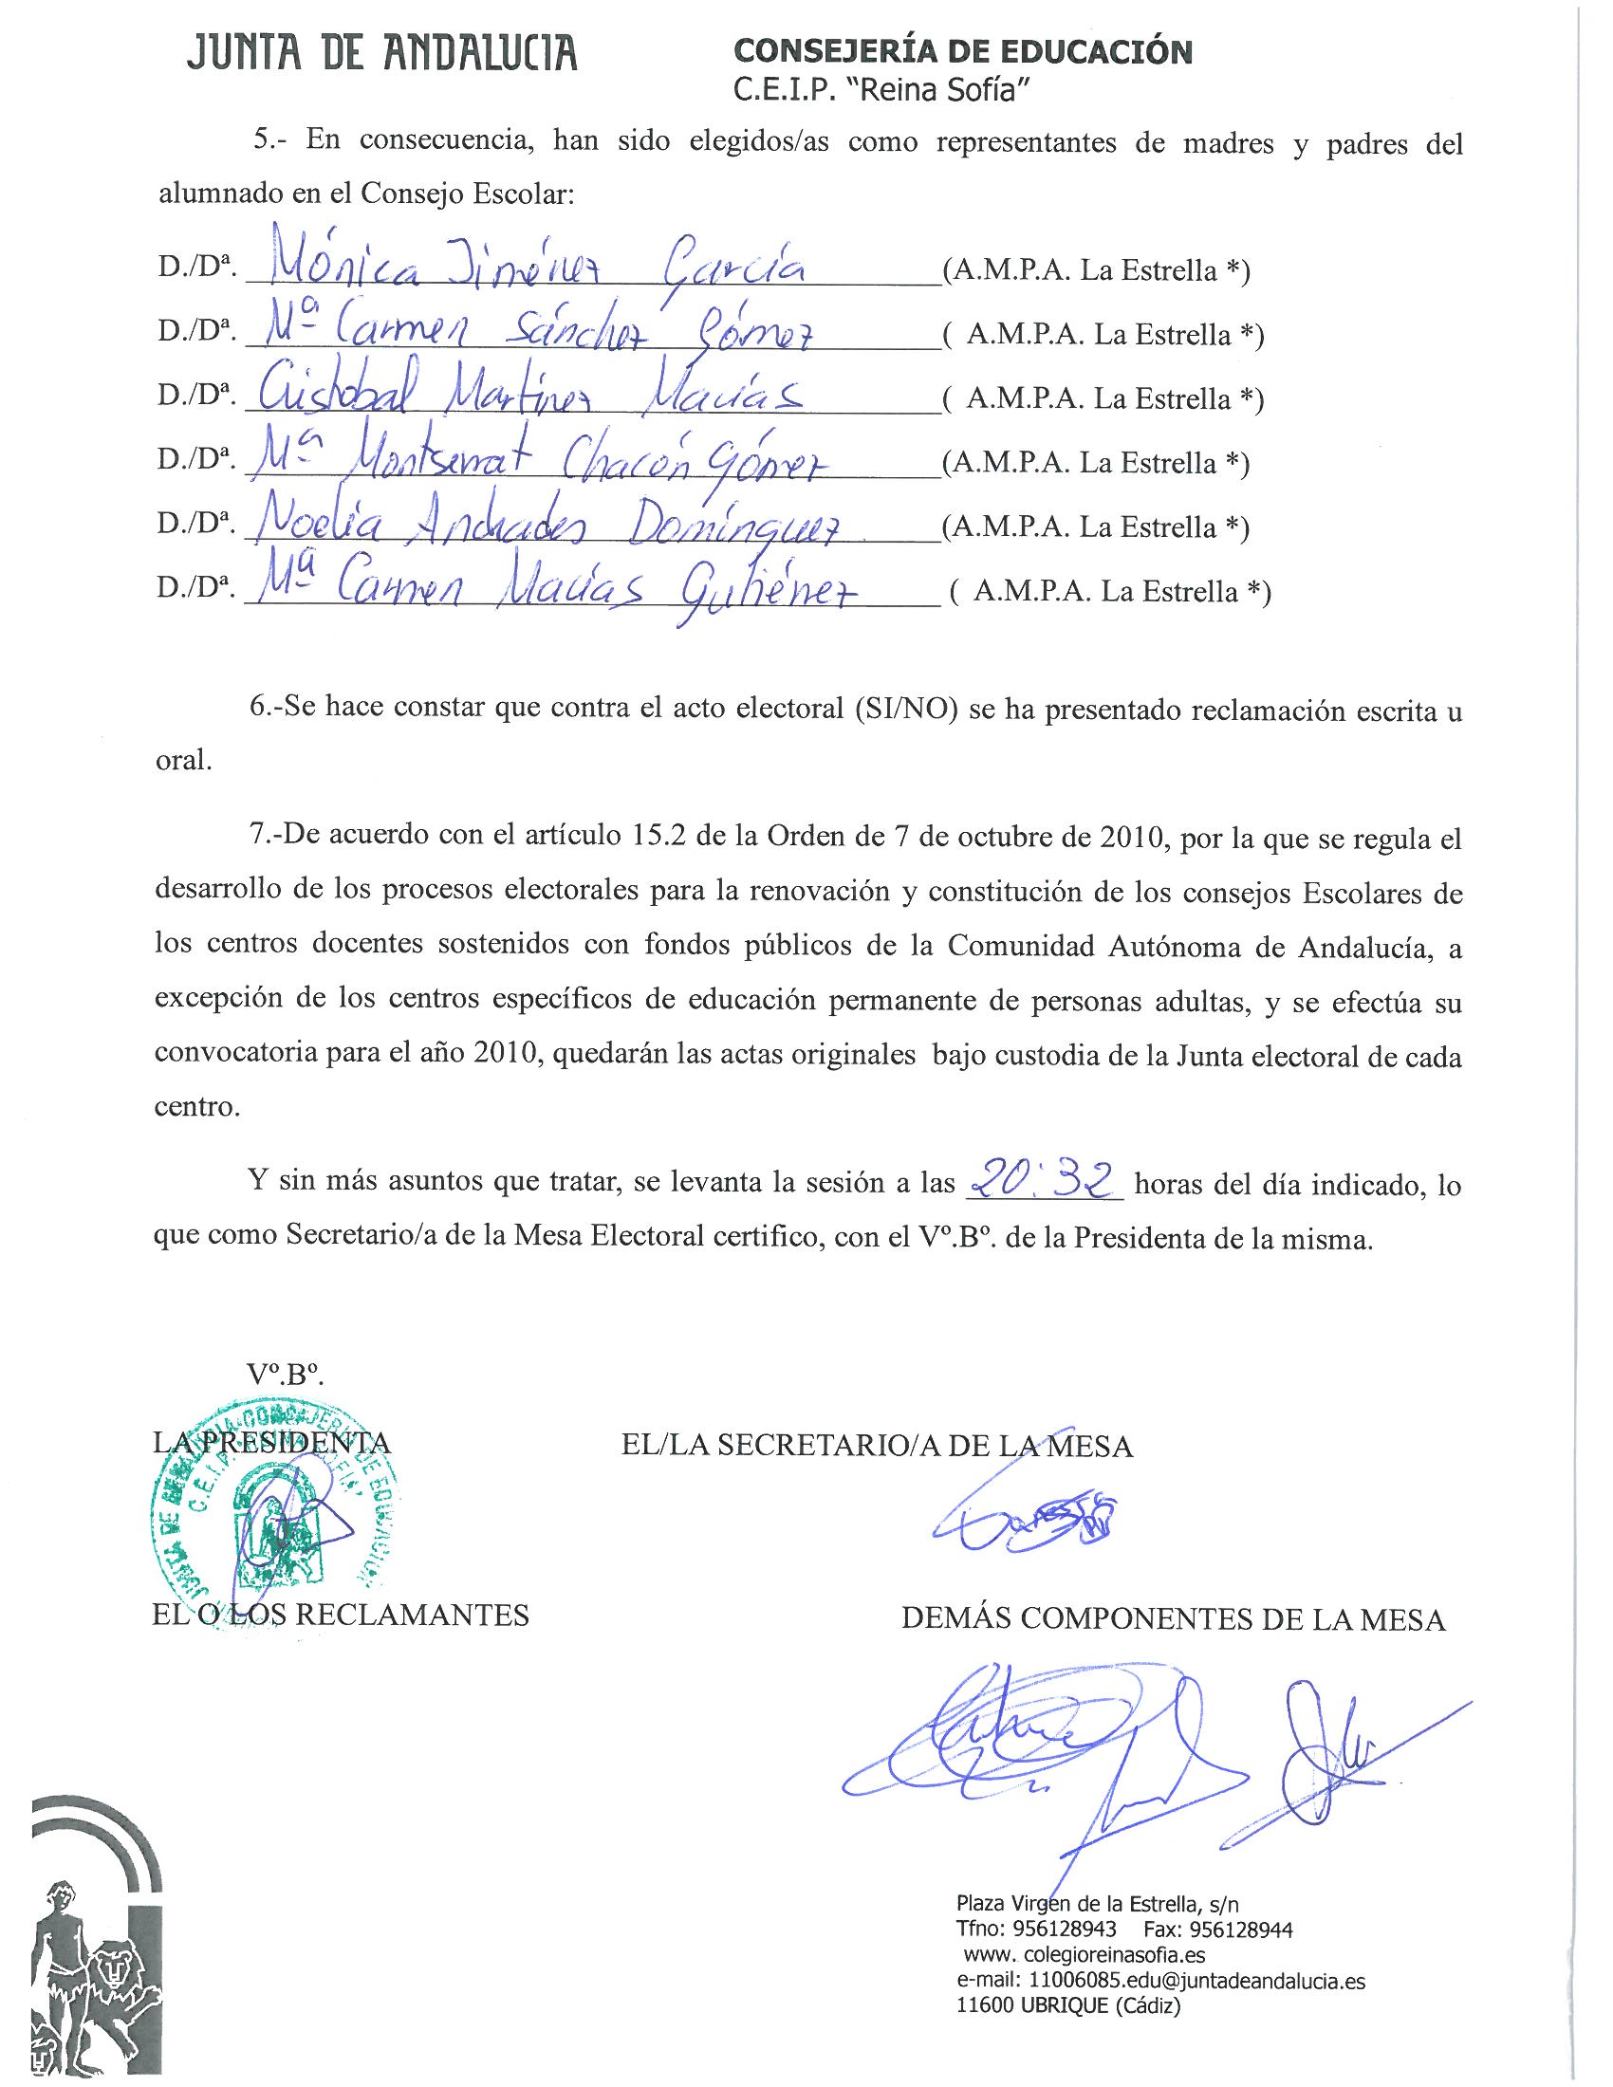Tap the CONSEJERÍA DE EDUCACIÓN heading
(x=961, y=51)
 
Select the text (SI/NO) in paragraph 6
(x=902, y=711)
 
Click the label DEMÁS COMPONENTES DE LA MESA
(x=1173, y=1618)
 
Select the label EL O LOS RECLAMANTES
(x=341, y=1615)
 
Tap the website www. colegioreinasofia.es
(x=1084, y=1954)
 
